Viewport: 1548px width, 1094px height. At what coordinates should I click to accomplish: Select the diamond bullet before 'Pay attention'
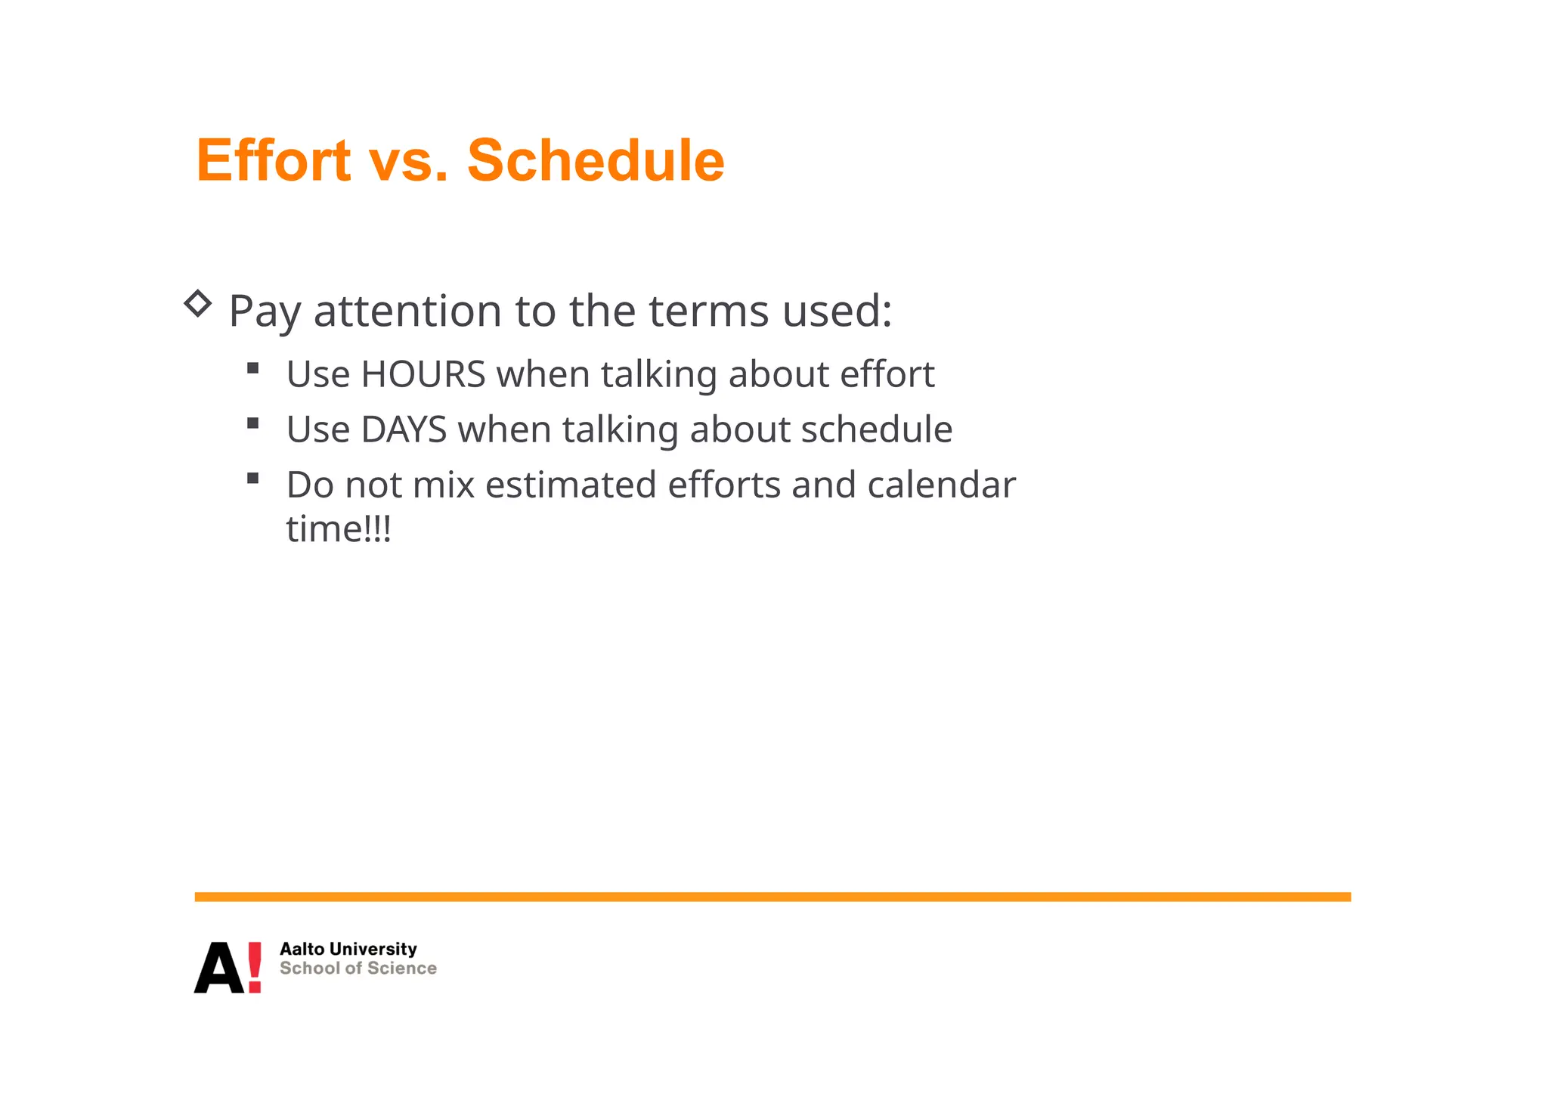(x=198, y=304)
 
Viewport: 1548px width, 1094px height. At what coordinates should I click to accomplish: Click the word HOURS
(x=423, y=374)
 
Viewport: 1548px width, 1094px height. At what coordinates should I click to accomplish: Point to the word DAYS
(x=404, y=429)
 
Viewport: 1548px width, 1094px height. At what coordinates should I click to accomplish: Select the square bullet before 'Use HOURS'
(x=253, y=368)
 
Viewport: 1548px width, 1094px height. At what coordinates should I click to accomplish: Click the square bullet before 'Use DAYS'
(x=253, y=423)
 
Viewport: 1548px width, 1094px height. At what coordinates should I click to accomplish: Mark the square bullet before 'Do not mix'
(x=253, y=478)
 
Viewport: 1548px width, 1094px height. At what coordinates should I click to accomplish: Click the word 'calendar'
(x=941, y=485)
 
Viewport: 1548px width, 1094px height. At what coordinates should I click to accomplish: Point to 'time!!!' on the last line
(x=339, y=528)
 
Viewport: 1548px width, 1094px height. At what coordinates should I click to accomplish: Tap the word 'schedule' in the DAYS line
(x=877, y=429)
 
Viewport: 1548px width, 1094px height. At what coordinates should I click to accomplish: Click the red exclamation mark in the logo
(x=255, y=967)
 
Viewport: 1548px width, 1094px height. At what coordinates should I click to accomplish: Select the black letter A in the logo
(x=218, y=968)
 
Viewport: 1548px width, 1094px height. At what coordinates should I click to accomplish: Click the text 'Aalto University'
(x=348, y=949)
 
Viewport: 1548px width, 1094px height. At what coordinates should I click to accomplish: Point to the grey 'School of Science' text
(x=358, y=968)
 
